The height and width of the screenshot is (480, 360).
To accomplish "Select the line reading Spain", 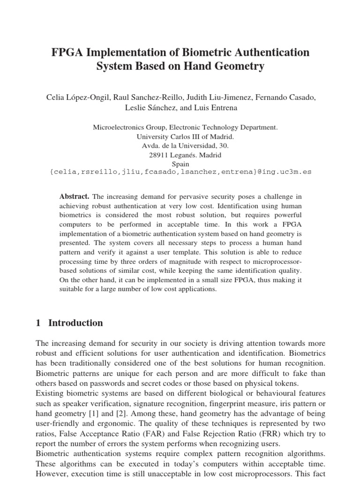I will [180, 164].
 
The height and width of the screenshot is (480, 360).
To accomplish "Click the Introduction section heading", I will [75, 323].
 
